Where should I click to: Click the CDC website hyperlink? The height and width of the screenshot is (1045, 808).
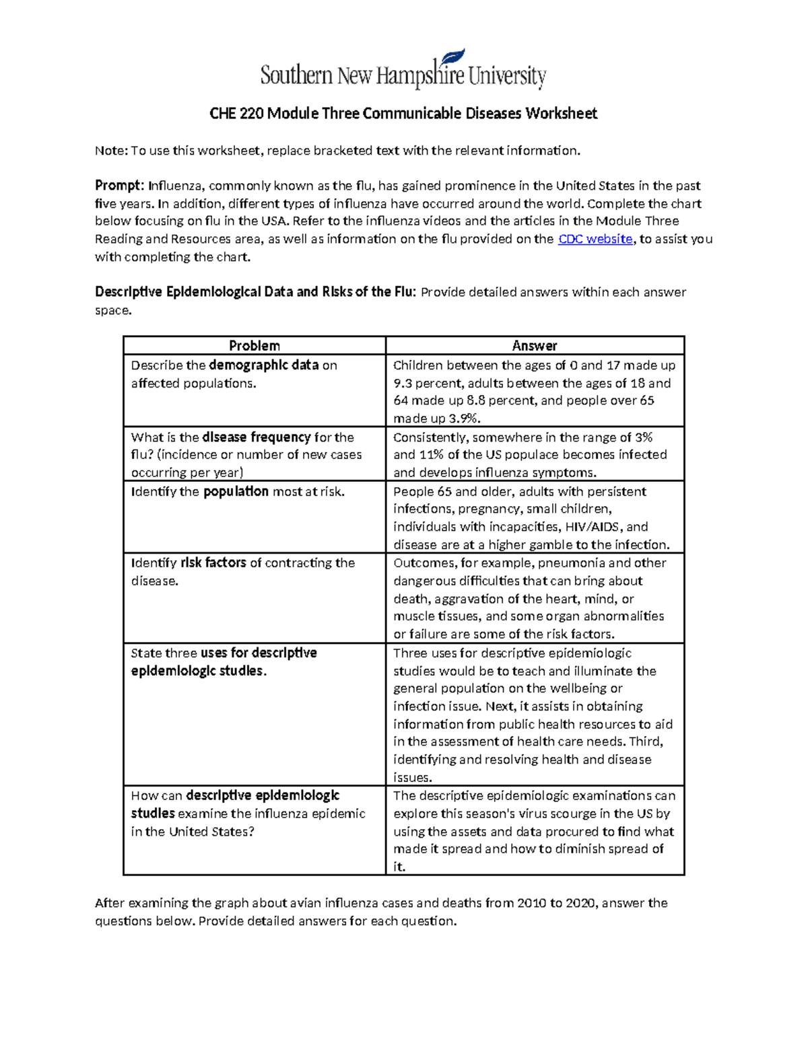(595, 239)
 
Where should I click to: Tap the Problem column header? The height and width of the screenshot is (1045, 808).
(254, 346)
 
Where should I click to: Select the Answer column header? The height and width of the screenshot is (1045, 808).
(535, 346)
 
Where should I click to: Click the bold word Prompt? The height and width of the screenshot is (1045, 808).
(119, 186)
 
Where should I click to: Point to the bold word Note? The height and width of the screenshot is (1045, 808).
(111, 151)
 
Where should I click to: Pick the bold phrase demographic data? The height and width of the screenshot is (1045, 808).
(264, 365)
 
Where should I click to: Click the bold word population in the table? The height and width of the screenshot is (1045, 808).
(236, 492)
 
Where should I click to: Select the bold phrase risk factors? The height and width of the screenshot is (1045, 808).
(213, 563)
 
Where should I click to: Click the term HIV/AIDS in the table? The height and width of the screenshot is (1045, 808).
(595, 527)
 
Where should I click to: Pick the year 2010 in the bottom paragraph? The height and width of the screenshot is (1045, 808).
(531, 903)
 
